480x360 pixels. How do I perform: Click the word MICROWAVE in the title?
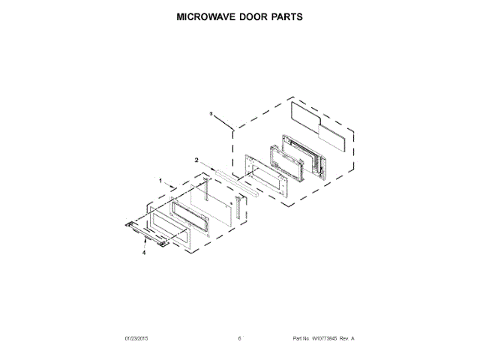point(203,16)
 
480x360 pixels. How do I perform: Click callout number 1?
point(160,180)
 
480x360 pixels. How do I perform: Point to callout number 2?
point(196,160)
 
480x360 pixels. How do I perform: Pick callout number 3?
point(211,113)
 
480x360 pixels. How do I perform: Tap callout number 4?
point(144,253)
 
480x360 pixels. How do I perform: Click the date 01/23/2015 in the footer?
point(137,339)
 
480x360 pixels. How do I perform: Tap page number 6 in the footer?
point(240,339)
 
